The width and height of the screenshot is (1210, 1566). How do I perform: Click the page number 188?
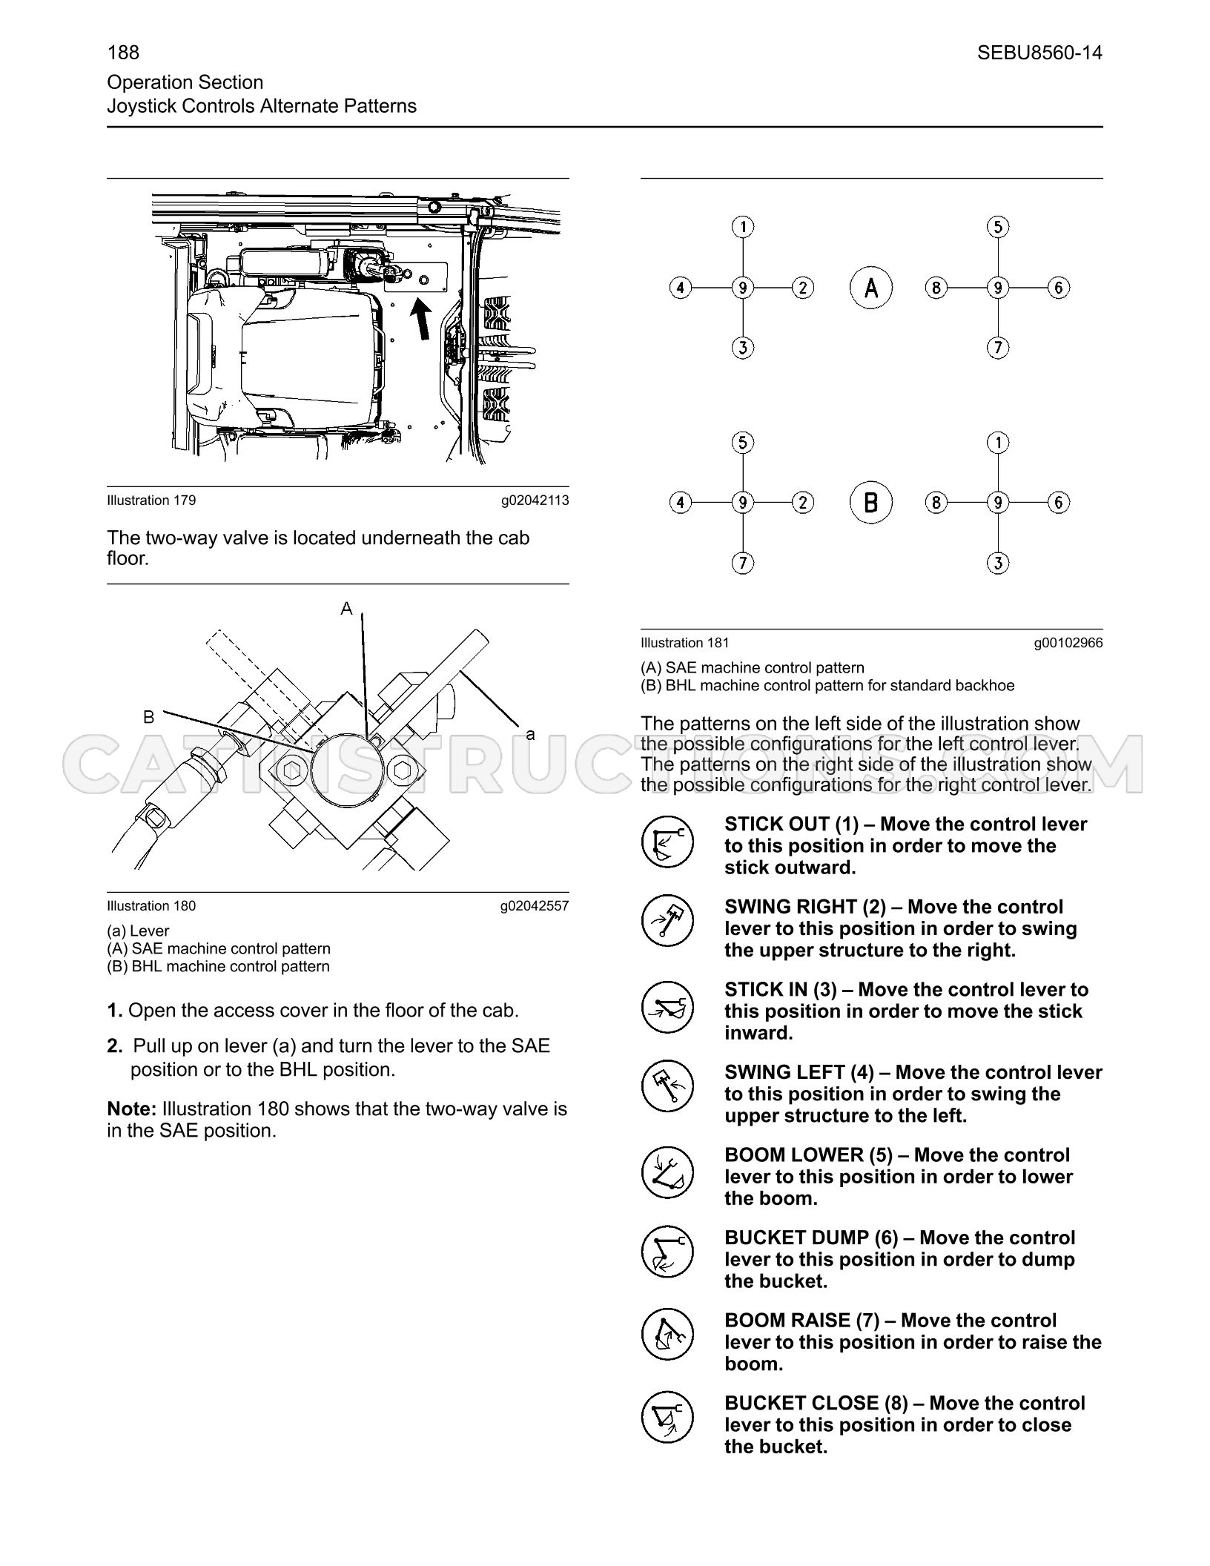(x=123, y=53)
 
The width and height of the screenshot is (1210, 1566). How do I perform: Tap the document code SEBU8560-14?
(x=1039, y=53)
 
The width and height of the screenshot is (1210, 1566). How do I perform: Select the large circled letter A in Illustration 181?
(x=871, y=287)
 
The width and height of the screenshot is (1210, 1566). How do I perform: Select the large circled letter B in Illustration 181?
(x=871, y=502)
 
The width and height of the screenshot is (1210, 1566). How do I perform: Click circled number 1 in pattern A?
(x=743, y=226)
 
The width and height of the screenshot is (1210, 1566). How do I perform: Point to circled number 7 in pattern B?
(x=743, y=563)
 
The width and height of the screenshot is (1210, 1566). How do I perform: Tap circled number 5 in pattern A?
(x=998, y=226)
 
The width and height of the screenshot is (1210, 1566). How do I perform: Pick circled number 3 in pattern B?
(x=998, y=563)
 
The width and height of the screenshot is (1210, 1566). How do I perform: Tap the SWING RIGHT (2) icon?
(x=667, y=921)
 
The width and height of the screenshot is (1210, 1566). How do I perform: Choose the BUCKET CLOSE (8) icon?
(x=667, y=1418)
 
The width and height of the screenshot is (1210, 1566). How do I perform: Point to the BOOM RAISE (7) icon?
(x=667, y=1335)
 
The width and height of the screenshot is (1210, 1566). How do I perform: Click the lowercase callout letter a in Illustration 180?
(x=530, y=735)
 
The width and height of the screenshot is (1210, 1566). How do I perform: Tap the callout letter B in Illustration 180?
(x=149, y=717)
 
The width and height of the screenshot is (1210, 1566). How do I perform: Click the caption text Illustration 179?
(x=152, y=500)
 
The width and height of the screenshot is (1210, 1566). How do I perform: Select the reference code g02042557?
(x=535, y=906)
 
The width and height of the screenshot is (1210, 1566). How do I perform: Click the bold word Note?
(x=132, y=1109)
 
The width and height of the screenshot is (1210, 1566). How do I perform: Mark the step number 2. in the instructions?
(x=114, y=1046)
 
